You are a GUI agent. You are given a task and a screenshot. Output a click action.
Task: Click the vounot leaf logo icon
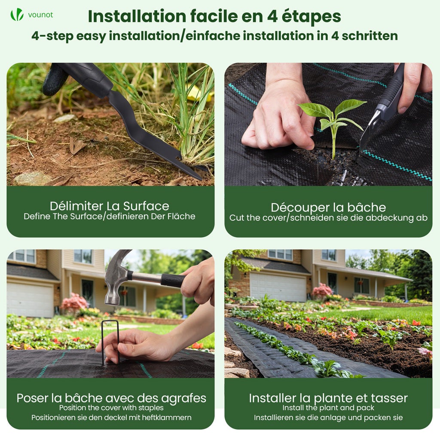pos(17,15)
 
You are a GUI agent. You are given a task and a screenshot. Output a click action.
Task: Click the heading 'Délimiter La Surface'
pos(109,206)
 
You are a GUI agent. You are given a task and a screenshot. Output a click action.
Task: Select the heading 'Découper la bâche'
pos(328,208)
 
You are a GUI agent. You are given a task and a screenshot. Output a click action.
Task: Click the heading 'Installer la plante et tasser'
pos(328,398)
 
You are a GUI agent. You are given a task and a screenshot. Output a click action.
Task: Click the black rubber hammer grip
pos(173,280)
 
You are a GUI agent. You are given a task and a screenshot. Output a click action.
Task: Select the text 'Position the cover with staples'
pos(111,407)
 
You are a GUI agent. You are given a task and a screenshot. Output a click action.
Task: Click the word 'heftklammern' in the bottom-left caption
pos(168,417)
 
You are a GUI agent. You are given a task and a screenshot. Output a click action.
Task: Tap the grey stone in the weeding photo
pos(32,178)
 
